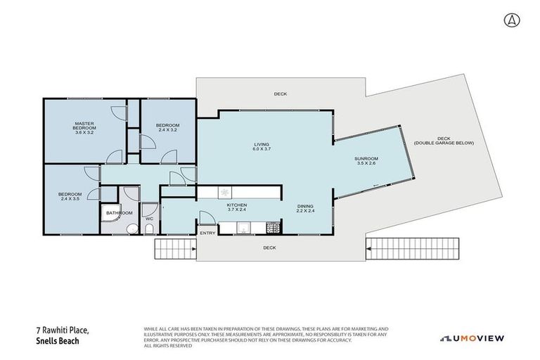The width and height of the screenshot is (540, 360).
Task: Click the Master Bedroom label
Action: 84,127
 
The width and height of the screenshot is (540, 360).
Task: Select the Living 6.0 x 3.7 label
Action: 262,147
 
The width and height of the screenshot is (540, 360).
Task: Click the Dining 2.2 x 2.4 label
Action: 304,207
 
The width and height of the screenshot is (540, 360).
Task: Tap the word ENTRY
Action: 207,233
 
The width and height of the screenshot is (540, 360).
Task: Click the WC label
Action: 149,219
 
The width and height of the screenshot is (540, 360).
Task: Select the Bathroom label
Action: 120,212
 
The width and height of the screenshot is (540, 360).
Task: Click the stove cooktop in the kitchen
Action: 273,227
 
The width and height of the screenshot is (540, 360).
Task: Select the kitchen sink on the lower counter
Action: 243,227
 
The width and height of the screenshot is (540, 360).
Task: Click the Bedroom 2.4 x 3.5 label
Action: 70,196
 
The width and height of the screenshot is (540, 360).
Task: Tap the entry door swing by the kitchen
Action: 205,219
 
